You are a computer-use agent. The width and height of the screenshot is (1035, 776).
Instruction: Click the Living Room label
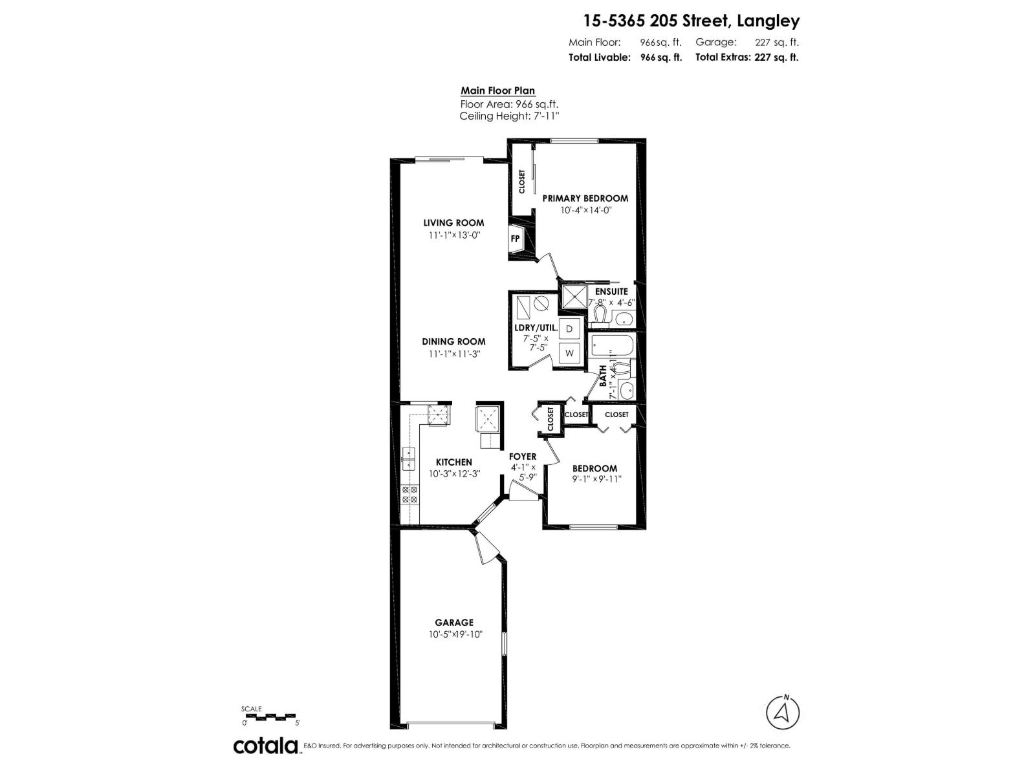click(455, 223)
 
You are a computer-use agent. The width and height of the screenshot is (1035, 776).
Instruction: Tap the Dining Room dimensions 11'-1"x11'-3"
click(453, 354)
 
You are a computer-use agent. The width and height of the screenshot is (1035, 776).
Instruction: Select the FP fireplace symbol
click(516, 239)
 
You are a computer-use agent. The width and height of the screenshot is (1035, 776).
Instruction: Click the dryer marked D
click(569, 329)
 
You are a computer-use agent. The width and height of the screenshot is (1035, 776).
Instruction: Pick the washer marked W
click(569, 353)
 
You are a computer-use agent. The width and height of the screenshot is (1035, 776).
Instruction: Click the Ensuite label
click(611, 292)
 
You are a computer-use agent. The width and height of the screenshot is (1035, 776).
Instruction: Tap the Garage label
click(453, 623)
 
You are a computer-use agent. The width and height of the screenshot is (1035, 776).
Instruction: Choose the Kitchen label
click(453, 462)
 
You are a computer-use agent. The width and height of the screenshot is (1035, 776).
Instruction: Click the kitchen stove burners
click(409, 495)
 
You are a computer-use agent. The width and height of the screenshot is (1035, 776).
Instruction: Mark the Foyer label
click(522, 457)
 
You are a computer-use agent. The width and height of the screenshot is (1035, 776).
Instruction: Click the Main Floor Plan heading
click(497, 91)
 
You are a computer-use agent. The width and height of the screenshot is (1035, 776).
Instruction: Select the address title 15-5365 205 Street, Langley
click(691, 21)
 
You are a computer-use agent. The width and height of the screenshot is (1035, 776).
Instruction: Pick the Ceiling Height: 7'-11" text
click(509, 116)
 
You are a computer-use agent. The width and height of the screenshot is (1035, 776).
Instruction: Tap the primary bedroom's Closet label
click(521, 182)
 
